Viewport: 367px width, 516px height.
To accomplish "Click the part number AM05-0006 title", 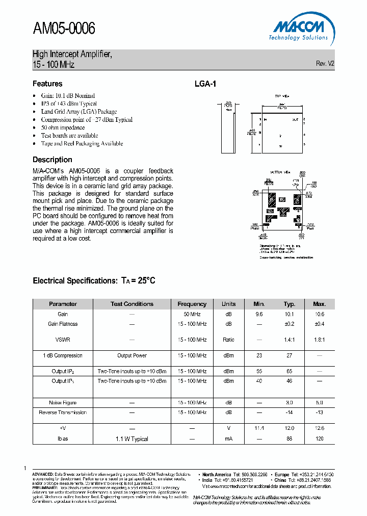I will pos(64,29).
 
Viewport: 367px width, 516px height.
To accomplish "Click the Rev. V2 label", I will pos(325,64).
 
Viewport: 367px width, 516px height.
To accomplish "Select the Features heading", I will pos(47,84).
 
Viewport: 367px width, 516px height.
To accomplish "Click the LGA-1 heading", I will pos(205,84).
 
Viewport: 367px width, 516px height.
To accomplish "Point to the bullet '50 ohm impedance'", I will pos(63,127).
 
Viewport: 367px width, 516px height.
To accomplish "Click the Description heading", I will pos(53,160).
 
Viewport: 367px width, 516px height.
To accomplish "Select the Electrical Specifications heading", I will pos(94,280).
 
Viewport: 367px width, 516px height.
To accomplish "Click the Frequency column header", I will pos(192,304).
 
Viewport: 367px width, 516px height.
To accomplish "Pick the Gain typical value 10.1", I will pos(289,315).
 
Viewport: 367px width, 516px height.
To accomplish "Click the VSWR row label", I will pos(63,340).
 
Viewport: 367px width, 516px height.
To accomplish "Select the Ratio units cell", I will pos(228,340).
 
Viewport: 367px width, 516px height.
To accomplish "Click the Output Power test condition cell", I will pos(132,355).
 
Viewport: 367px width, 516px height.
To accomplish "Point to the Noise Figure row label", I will pos(63,403).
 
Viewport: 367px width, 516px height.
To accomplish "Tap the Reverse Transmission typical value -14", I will pos(289,412).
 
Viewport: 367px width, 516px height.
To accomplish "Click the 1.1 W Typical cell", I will pos(132,438).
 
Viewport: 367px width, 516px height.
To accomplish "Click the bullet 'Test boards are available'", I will pos(69,136).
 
